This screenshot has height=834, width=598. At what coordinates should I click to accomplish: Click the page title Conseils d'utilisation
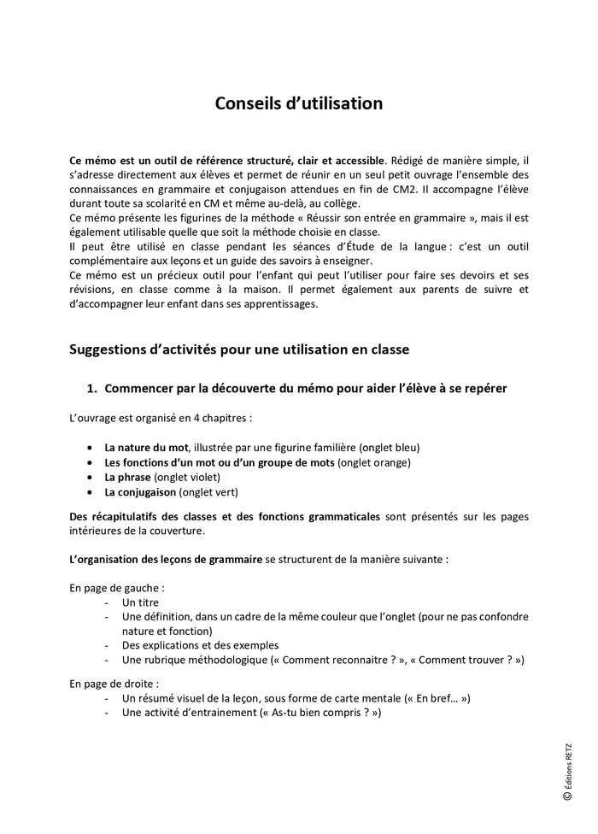298,103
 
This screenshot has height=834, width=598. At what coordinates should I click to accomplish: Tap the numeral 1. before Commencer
93,389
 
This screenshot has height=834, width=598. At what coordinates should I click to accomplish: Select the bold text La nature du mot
146,447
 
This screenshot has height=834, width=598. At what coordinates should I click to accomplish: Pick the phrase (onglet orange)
374,462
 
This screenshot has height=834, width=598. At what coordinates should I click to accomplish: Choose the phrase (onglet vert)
208,492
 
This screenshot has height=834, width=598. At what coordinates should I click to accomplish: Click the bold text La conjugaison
140,492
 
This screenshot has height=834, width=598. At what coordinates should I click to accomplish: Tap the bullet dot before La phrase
92,478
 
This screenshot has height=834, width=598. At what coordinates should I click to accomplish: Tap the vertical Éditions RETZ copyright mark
567,770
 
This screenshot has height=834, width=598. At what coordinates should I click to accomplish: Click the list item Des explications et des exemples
200,645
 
